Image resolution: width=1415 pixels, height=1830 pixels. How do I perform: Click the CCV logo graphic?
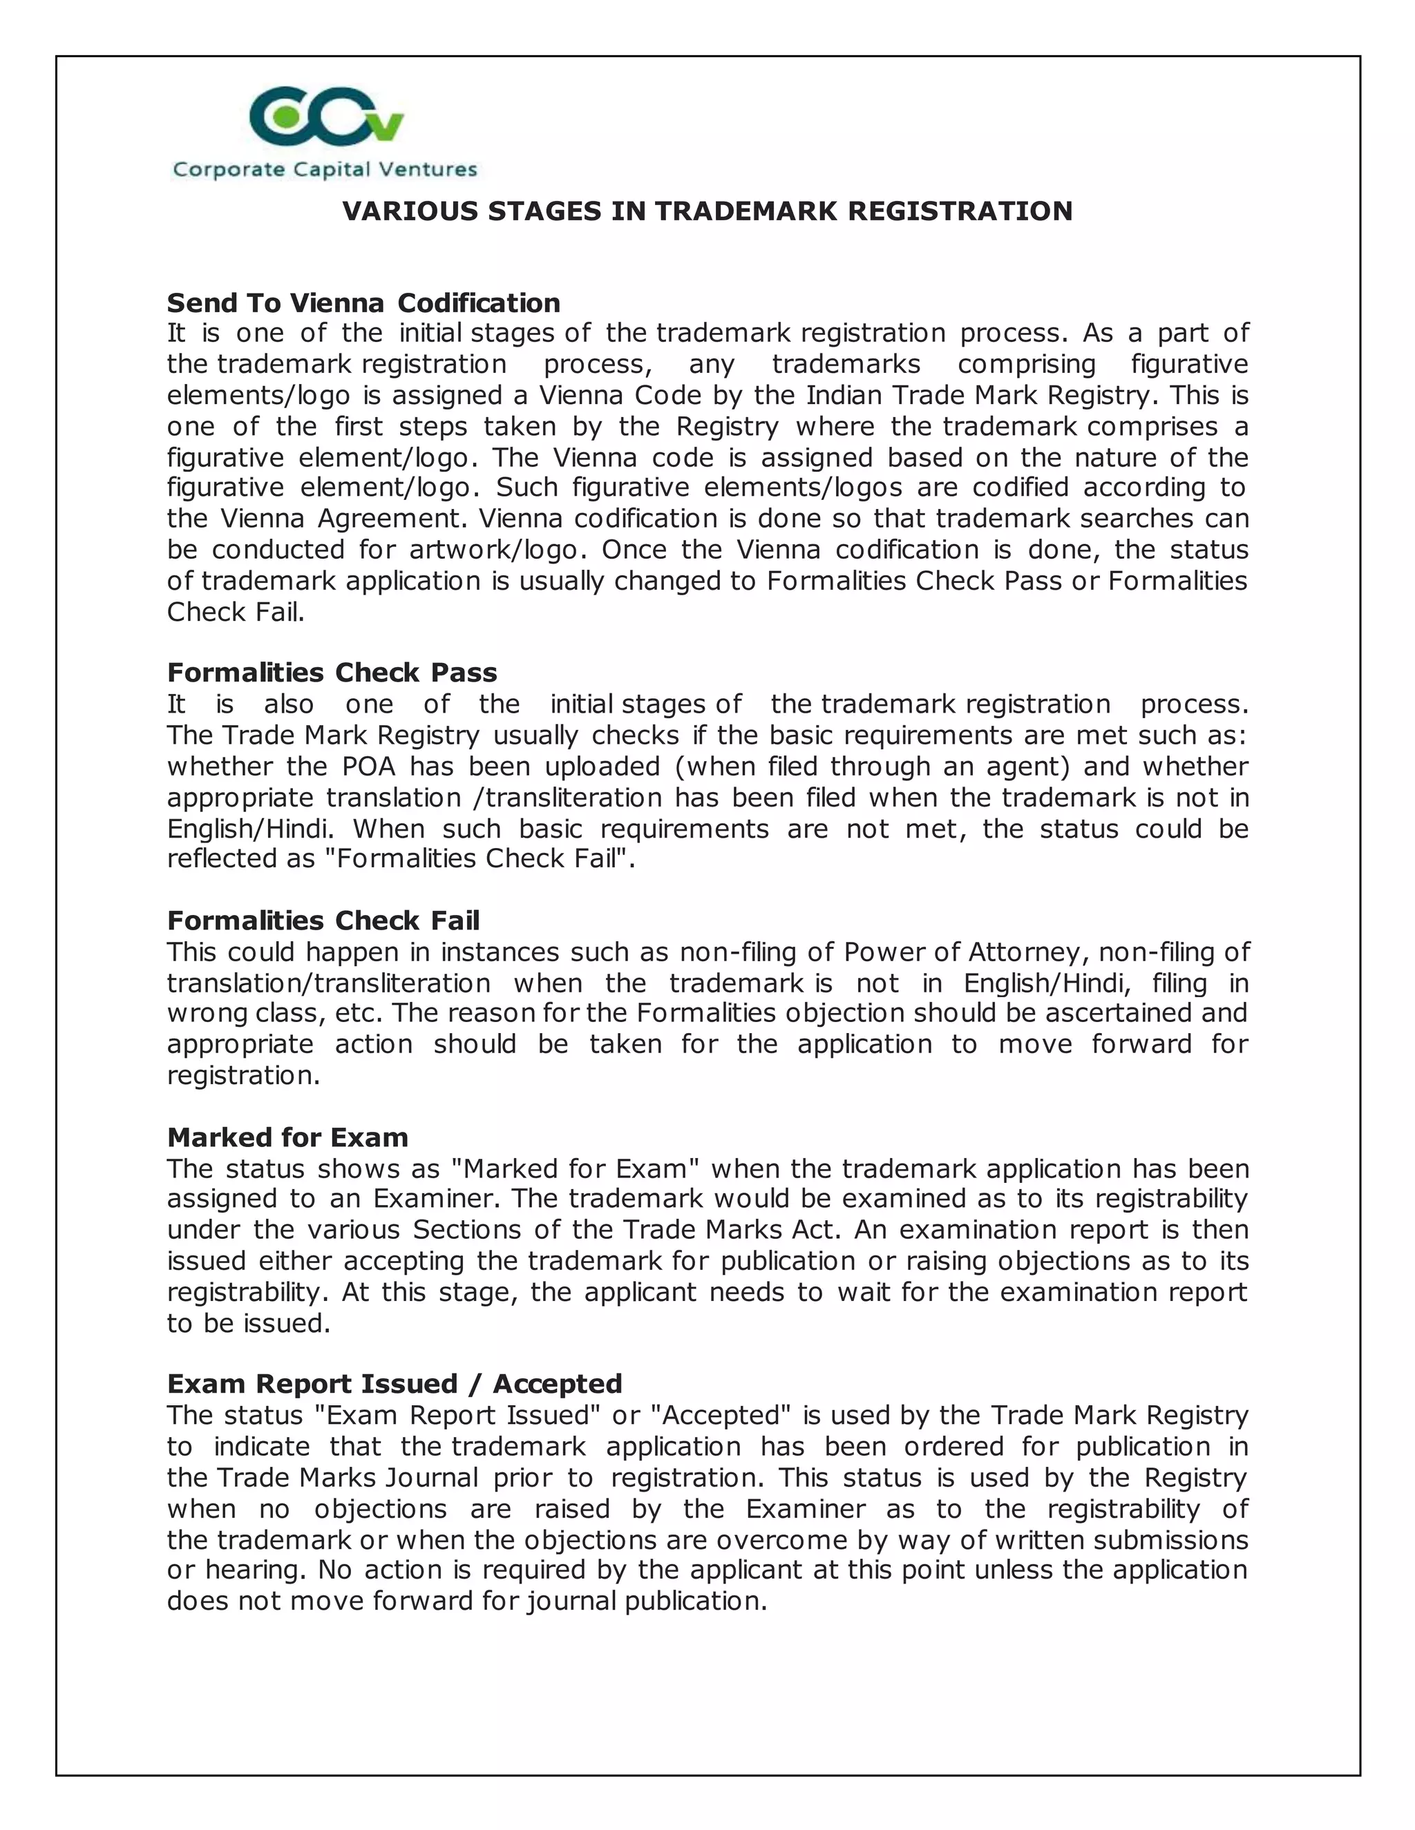327,117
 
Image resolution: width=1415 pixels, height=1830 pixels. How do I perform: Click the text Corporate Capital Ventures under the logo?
325,170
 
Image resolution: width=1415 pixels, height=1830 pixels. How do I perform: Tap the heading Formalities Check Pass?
332,672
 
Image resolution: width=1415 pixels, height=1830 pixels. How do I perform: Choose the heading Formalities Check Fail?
323,920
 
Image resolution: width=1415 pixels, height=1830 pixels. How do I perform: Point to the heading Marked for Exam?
287,1137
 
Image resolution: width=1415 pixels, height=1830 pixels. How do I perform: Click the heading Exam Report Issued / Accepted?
394,1383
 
